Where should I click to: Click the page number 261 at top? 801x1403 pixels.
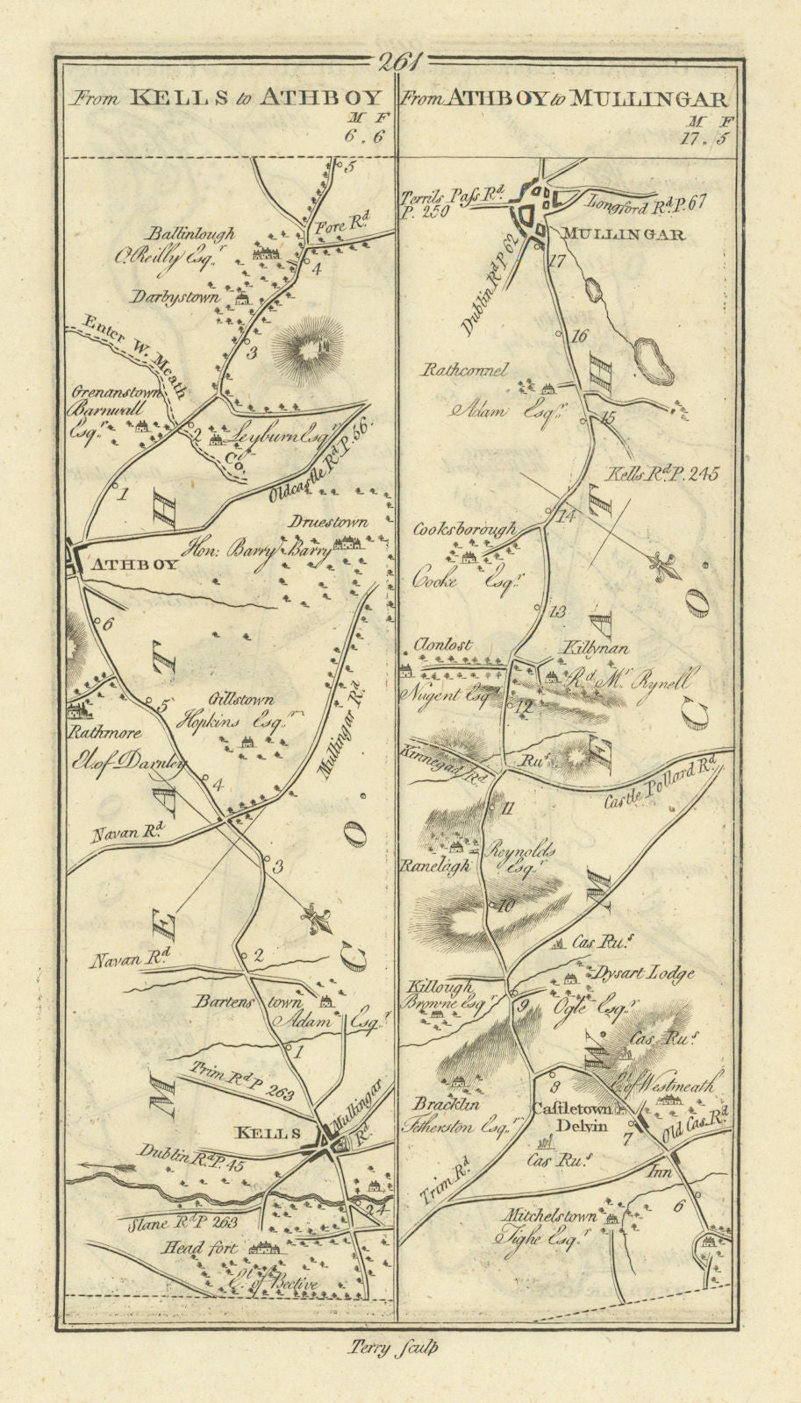(x=400, y=62)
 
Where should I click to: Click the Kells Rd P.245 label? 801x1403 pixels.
(x=662, y=474)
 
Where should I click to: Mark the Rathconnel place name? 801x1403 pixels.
(x=465, y=371)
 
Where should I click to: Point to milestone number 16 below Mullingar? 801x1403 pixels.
(x=577, y=336)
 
